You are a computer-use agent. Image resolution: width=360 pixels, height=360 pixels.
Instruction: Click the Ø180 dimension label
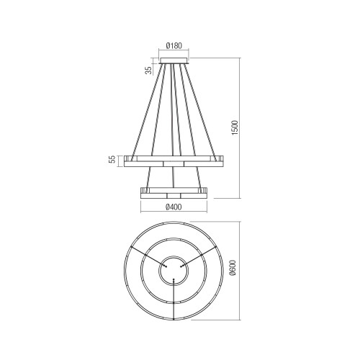pos(174,45)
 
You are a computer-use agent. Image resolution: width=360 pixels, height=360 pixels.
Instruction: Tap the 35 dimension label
pos(149,70)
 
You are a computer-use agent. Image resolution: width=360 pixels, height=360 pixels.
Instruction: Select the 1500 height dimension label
pos(235,127)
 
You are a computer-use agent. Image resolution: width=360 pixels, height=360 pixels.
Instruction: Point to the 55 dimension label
pos(112,159)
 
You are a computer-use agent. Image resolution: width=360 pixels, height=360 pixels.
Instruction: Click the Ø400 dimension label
pos(174,207)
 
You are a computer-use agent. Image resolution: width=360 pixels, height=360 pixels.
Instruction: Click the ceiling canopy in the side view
pos(174,61)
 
